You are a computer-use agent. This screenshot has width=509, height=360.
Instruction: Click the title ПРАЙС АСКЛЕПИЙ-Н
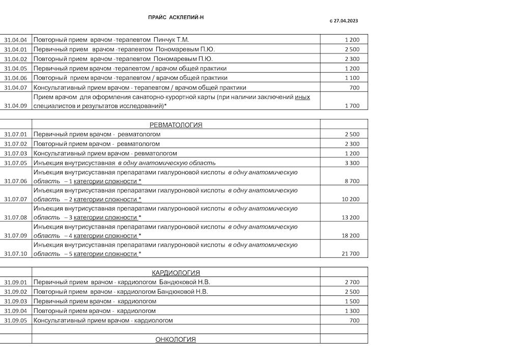176,17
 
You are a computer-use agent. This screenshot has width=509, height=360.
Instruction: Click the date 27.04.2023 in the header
346,21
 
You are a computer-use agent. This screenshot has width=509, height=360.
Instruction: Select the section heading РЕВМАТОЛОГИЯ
176,125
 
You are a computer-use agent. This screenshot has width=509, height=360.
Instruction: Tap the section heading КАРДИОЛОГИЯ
176,273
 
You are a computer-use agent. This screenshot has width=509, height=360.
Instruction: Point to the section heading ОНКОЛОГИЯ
176,340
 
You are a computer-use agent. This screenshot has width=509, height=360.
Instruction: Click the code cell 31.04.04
15,40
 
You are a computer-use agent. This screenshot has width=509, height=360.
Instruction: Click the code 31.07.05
15,163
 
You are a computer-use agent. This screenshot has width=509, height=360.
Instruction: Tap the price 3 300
352,163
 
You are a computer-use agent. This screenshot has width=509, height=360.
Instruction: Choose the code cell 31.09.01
15,282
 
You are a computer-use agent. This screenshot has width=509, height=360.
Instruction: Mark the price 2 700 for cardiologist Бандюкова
352,282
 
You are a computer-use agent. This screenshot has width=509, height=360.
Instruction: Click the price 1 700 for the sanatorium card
352,106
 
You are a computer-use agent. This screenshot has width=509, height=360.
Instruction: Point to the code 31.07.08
15,217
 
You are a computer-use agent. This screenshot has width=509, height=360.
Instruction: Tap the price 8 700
352,181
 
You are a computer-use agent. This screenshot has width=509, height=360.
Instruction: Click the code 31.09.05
15,321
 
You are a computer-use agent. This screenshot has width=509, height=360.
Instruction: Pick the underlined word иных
302,97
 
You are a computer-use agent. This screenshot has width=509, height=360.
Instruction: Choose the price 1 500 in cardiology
352,301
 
